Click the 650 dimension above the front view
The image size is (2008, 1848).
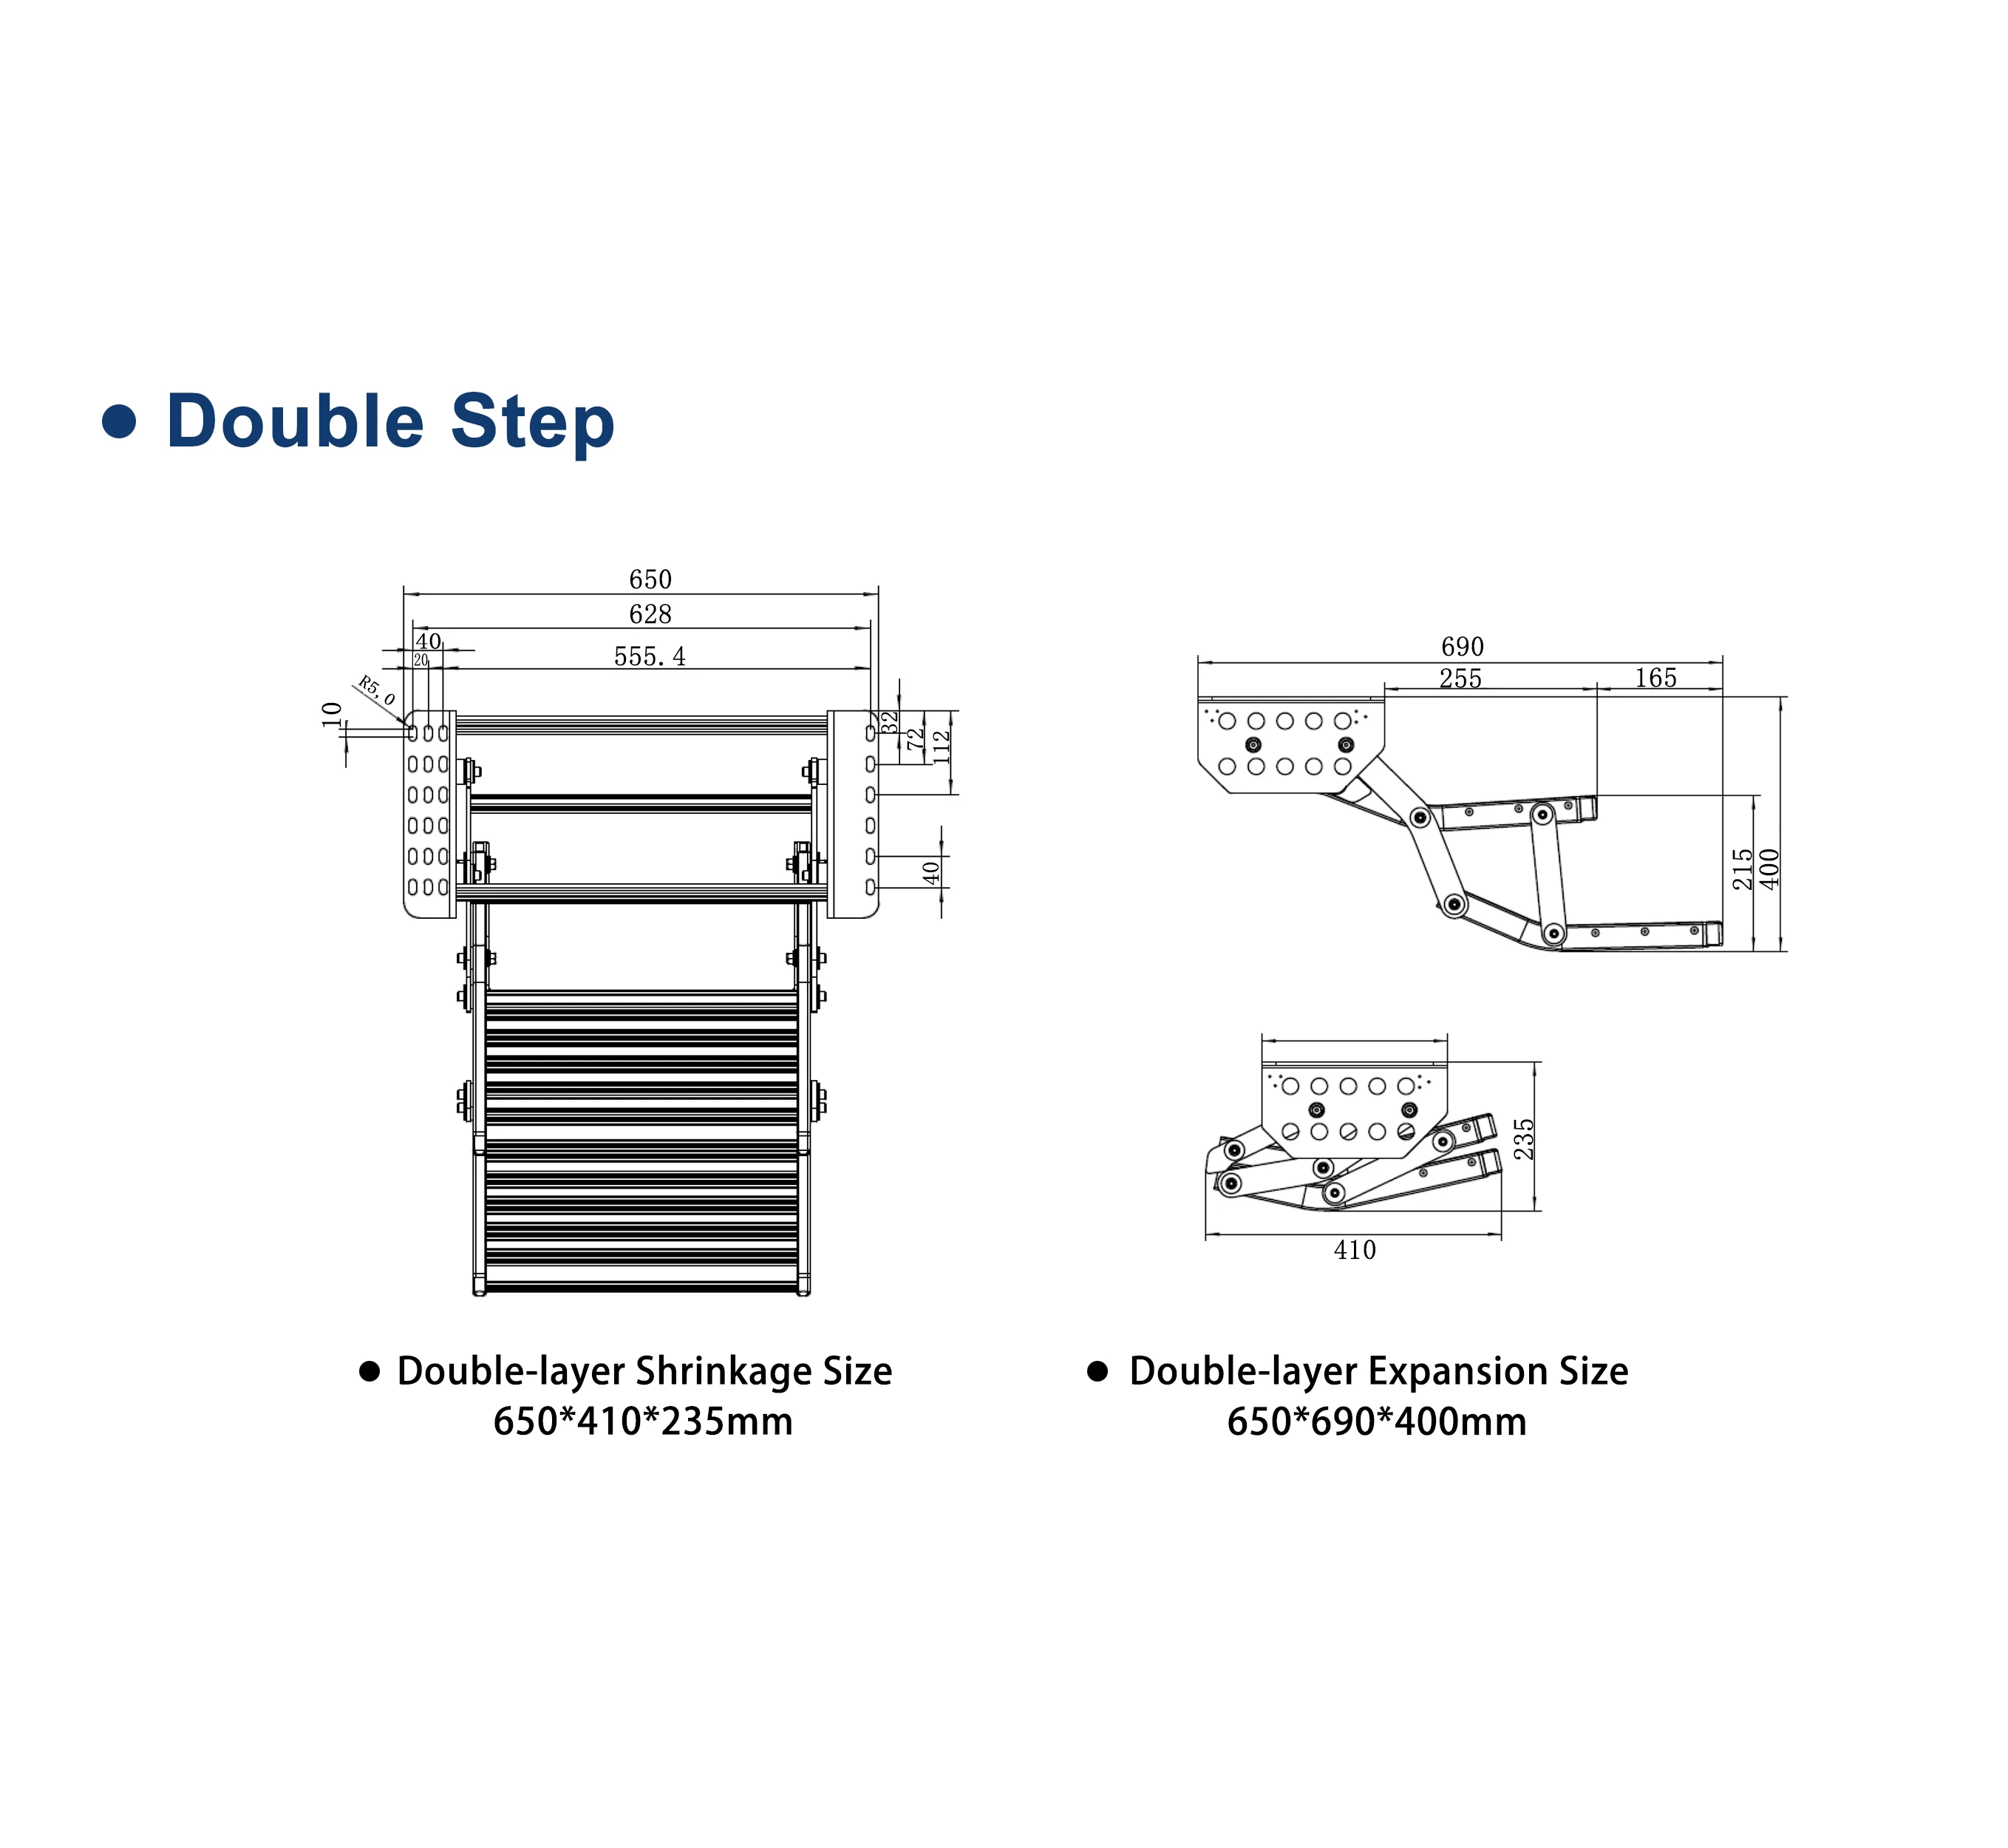tap(650, 579)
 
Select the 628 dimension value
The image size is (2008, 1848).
tap(650, 614)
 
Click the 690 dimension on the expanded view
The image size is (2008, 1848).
tap(1462, 647)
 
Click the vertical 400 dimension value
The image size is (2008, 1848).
tap(1770, 869)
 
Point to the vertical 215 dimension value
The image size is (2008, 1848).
tap(1743, 869)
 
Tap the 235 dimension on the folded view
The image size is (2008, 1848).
tap(1524, 1139)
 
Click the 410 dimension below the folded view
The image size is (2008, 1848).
tap(1354, 1250)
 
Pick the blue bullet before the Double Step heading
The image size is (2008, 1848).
tap(119, 421)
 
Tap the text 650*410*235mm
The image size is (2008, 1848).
tap(643, 1421)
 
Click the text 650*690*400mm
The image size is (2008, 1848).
tap(1376, 1421)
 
